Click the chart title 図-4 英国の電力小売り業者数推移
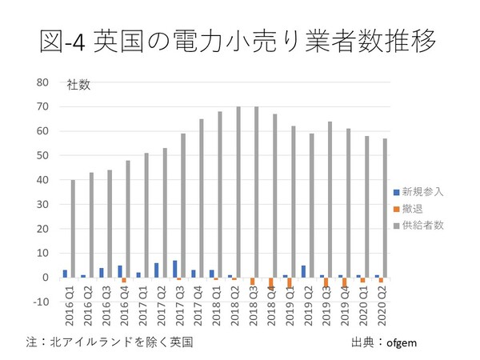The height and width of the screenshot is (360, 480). (239, 40)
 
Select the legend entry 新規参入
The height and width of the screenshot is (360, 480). (423, 192)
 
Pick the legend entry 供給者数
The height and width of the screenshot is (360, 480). (423, 226)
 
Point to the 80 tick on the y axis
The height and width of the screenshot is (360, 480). (43, 82)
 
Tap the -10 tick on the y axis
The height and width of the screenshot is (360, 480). (42, 302)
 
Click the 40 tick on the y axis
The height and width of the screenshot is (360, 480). (43, 180)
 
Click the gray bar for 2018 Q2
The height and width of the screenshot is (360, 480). (238, 192)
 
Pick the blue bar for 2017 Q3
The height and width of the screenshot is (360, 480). (174, 269)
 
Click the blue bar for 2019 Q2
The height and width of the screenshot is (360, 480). (304, 271)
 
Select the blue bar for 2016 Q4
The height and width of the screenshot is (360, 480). (120, 271)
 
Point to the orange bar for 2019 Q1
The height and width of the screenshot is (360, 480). (290, 282)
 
